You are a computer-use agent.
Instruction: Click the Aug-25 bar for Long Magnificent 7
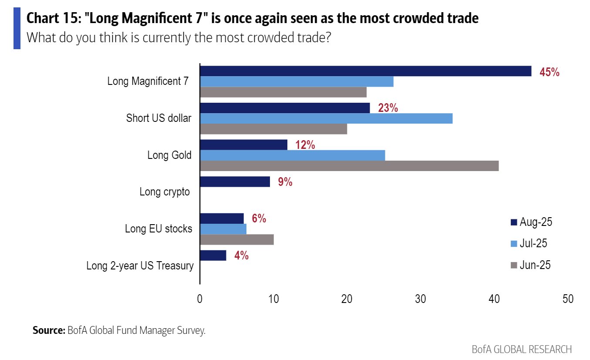click(366, 71)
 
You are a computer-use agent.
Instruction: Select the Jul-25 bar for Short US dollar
click(326, 118)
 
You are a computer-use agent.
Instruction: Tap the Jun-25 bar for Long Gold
click(349, 166)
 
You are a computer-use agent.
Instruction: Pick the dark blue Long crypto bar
click(235, 182)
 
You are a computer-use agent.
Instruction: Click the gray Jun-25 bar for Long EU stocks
click(237, 240)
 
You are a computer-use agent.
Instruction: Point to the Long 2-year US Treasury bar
click(213, 256)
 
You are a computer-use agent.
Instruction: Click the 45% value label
click(549, 72)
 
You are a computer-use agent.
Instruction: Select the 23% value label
click(388, 108)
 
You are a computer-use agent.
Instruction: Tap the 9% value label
click(285, 182)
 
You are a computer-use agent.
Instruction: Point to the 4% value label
click(241, 256)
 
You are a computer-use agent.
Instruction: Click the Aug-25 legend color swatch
click(514, 222)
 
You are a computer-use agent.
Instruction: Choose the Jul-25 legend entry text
click(533, 243)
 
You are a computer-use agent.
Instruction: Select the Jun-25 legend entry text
click(535, 265)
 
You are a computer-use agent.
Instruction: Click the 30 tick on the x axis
click(420, 299)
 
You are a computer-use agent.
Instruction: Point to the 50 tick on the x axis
click(568, 299)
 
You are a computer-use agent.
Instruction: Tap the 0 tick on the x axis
click(200, 299)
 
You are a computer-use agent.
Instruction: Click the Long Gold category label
click(169, 155)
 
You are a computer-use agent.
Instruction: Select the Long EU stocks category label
click(158, 229)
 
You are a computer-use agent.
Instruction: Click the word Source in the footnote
click(49, 330)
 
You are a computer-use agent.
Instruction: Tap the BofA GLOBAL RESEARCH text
click(522, 350)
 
